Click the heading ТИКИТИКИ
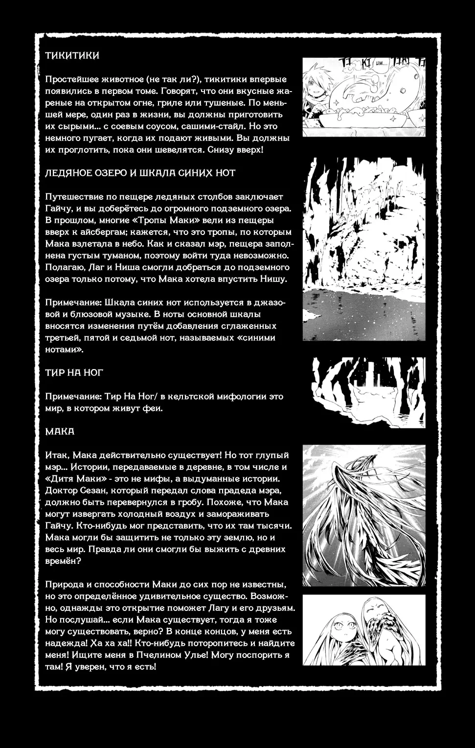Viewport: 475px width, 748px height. (72, 55)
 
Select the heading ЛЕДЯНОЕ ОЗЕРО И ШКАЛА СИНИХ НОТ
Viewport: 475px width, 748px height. (140, 173)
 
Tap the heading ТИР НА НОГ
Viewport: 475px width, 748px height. (74, 373)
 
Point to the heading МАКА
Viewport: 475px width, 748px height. (60, 431)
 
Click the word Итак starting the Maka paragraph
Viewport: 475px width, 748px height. (56, 455)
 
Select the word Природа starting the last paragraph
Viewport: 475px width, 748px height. (64, 584)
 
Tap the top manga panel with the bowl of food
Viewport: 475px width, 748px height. (363, 97)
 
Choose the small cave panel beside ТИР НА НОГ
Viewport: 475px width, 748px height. (369, 392)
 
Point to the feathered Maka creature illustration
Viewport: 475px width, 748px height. (363, 515)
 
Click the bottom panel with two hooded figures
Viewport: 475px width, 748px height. (363, 630)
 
